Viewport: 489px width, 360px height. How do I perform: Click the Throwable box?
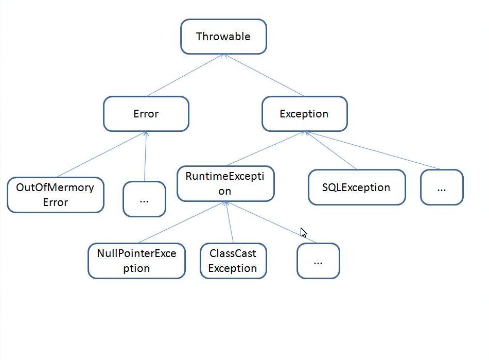click(x=223, y=37)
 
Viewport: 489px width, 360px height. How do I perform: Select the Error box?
click(x=146, y=114)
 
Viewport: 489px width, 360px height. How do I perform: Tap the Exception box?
click(x=304, y=114)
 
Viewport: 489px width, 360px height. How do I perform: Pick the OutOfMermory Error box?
click(x=56, y=195)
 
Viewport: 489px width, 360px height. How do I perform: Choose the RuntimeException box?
click(x=225, y=184)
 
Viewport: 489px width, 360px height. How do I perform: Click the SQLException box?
click(x=357, y=187)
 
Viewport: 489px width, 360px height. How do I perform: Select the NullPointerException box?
click(x=136, y=261)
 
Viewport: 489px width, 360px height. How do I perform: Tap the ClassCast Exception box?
click(x=233, y=261)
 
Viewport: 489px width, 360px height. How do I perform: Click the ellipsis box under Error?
click(x=145, y=199)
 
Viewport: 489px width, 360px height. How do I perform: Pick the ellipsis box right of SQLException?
click(x=442, y=187)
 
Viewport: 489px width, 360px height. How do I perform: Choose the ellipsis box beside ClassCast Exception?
click(x=318, y=261)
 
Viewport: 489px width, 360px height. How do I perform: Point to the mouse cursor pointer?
click(x=304, y=232)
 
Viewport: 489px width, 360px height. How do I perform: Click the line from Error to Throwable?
click(x=185, y=75)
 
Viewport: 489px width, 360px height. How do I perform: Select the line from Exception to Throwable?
click(x=264, y=75)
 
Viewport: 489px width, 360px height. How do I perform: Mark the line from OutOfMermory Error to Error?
click(x=102, y=155)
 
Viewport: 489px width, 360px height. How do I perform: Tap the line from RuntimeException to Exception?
click(x=266, y=148)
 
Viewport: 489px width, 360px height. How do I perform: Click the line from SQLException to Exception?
click(x=330, y=150)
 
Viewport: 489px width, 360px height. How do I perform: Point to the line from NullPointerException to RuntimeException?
click(x=182, y=222)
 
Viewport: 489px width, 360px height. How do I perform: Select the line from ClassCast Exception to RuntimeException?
click(x=230, y=222)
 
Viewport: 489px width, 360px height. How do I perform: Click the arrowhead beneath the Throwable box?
click(x=223, y=56)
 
